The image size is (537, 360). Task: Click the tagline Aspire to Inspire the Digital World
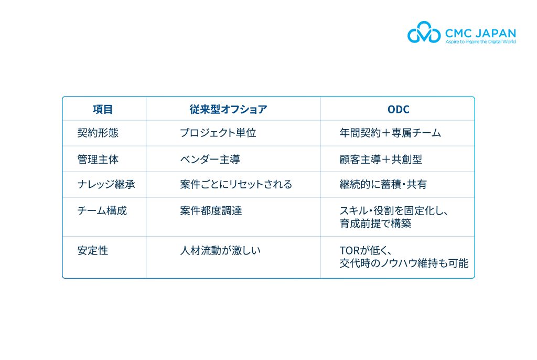click(x=480, y=42)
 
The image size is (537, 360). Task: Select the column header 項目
click(x=102, y=109)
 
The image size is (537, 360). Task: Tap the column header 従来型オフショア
click(x=229, y=109)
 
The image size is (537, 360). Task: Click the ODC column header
click(x=399, y=109)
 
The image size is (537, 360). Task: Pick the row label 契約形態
click(x=98, y=133)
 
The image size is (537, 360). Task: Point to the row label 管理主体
click(x=98, y=160)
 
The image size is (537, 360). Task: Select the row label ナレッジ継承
click(x=106, y=184)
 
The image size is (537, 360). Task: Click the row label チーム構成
click(x=102, y=210)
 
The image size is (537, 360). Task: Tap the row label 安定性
click(x=93, y=251)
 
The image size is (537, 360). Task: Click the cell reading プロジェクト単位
click(x=218, y=133)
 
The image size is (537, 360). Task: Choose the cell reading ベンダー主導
click(x=210, y=160)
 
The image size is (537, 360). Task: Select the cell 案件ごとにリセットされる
click(x=236, y=184)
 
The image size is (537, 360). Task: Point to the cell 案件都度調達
click(x=211, y=210)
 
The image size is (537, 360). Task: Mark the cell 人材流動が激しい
click(x=220, y=251)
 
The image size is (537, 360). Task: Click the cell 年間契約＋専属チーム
click(x=390, y=133)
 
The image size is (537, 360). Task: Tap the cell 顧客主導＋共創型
click(x=381, y=160)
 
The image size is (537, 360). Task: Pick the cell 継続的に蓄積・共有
click(x=383, y=184)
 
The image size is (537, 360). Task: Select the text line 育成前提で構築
click(x=375, y=224)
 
